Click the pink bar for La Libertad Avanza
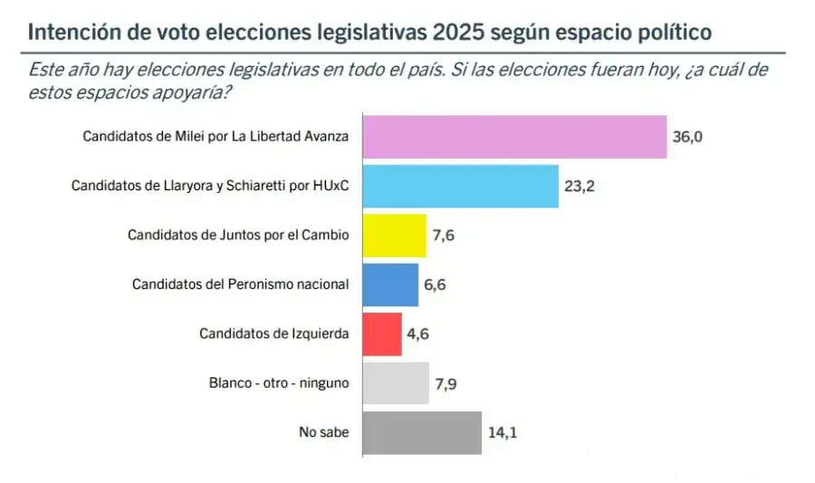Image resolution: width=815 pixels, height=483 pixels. click(514, 137)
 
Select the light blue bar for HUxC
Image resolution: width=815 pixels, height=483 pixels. click(460, 186)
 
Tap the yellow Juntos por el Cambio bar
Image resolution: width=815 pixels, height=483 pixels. click(394, 236)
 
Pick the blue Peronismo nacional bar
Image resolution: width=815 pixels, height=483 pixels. click(390, 285)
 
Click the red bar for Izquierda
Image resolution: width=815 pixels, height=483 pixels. click(382, 333)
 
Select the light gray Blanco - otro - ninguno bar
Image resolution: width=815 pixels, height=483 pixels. click(396, 383)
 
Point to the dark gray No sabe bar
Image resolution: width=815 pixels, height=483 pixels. click(422, 432)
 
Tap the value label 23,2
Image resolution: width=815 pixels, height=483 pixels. click(580, 187)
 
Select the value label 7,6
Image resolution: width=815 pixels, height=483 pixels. click(444, 236)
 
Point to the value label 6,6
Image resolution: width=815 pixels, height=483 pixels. click(436, 285)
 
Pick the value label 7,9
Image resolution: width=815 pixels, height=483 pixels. click(446, 383)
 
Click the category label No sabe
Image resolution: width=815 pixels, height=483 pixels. click(323, 432)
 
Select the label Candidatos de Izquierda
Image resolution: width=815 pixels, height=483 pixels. click(273, 333)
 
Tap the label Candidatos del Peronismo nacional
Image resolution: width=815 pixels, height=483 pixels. click(240, 285)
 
